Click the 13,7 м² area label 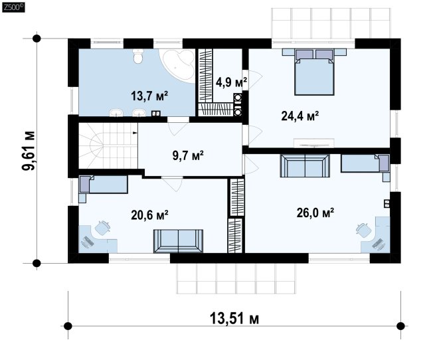point(149,96)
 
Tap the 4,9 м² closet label point(231,82)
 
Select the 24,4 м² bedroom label point(300,116)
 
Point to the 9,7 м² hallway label point(188,155)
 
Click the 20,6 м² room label point(149,215)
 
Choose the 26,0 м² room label point(315,213)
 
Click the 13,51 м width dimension point(234,318)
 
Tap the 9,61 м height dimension point(29,150)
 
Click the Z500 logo point(13,7)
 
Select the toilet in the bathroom point(138,56)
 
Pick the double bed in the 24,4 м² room point(314,72)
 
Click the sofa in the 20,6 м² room point(178,241)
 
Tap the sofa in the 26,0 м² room point(305,165)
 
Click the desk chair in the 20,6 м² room point(102,228)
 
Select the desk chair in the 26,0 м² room point(364,230)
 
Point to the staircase point(108,145)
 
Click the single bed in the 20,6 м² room point(103,184)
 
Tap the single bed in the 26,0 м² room point(365,163)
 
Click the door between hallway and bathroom point(178,126)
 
